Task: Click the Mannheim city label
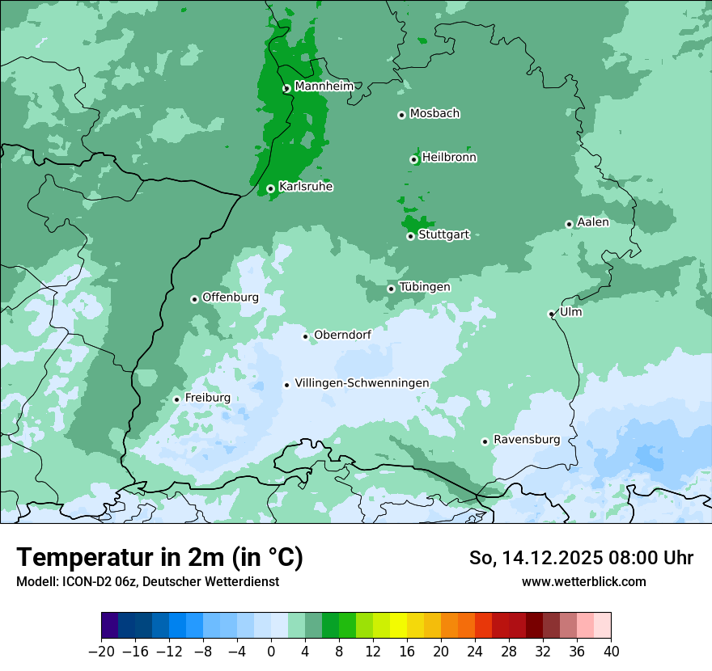point(324,87)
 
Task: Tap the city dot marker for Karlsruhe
point(270,189)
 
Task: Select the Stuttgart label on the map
point(443,235)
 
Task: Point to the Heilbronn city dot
point(413,159)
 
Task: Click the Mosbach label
point(434,114)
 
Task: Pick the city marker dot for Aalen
point(569,224)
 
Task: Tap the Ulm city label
point(570,312)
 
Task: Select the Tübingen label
point(425,287)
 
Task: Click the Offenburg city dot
point(194,299)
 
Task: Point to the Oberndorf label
point(342,335)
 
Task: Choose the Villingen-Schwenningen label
point(362,383)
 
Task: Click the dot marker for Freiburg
point(176,399)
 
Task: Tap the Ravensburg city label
point(527,440)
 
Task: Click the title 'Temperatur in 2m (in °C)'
point(159,558)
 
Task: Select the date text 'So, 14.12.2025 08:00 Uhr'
point(581,558)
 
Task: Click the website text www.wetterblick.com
point(584,581)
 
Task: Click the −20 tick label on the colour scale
point(102,652)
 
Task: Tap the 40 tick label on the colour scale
point(611,652)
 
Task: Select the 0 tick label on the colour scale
point(271,652)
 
